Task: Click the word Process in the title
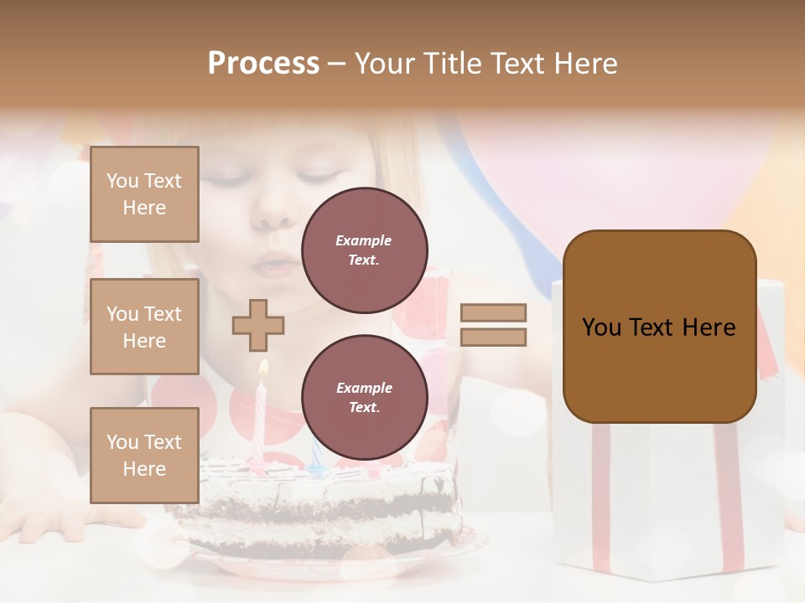coord(263,64)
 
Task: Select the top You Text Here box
coord(144,194)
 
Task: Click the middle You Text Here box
coord(144,327)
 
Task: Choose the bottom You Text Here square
coord(144,455)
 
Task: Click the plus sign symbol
coord(258,325)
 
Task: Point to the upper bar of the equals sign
coord(494,312)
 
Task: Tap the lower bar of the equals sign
coord(494,337)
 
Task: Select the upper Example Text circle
coord(364,250)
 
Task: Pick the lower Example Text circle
coord(364,398)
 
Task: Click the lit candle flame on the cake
coord(263,368)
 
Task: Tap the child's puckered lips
coord(270,263)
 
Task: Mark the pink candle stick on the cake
coord(261,419)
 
